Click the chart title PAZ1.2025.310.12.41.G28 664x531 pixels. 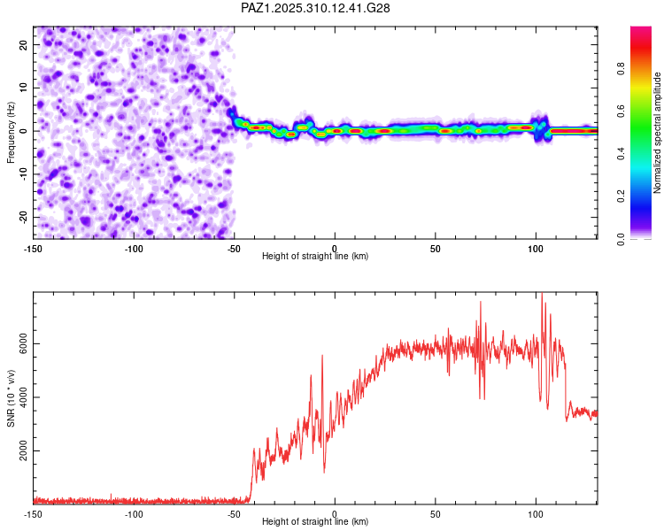point(316,8)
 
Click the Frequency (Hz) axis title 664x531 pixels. point(12,132)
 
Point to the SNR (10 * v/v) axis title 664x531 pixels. point(12,398)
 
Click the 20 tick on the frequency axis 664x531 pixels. point(24,44)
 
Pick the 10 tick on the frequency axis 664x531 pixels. point(24,88)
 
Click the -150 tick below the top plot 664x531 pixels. point(34,249)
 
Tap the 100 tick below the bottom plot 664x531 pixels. point(535,514)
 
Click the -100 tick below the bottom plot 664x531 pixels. point(134,514)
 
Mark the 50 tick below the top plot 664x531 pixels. point(435,249)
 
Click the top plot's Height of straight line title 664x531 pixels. point(315,257)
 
